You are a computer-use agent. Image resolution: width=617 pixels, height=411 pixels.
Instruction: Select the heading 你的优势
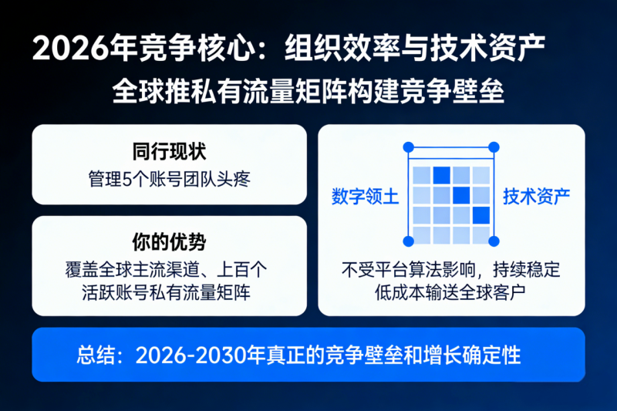(170, 241)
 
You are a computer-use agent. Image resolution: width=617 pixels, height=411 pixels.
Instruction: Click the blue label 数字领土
(365, 196)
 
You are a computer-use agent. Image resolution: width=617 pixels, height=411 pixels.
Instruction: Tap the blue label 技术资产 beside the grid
(537, 196)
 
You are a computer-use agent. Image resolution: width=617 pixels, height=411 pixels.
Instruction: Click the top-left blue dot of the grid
(409, 147)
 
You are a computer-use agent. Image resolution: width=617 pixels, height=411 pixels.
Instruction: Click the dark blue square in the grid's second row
(461, 194)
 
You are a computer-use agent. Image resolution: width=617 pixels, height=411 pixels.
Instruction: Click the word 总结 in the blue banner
(96, 355)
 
